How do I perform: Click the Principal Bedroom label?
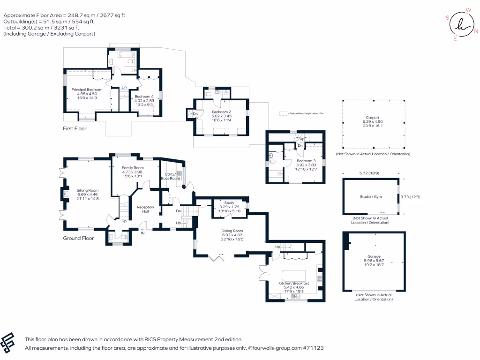tap(87, 89)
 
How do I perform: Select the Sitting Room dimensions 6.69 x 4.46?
tap(88, 195)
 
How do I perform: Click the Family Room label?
tap(133, 168)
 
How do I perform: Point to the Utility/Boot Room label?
tap(170, 176)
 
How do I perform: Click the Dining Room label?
tap(232, 231)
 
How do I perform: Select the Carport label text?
tap(373, 118)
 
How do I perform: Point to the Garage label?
tap(374, 256)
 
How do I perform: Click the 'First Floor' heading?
tap(75, 128)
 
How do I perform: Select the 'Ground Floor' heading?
tap(78, 238)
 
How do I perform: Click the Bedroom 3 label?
tap(306, 160)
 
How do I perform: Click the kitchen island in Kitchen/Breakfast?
tap(293, 275)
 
